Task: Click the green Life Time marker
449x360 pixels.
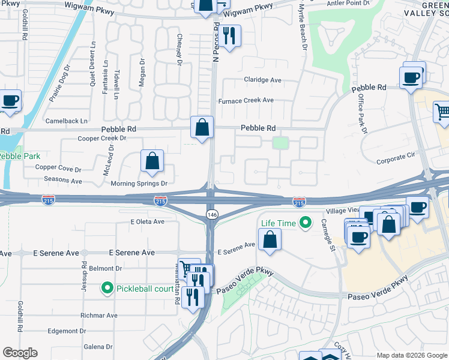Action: (306, 223)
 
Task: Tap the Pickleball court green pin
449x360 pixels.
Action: (107, 289)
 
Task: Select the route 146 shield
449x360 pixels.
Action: (211, 214)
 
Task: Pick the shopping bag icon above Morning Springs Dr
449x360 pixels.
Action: (152, 161)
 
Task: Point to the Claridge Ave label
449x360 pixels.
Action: (262, 80)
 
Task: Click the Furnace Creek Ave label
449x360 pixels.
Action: (246, 101)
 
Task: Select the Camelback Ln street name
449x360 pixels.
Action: (62, 121)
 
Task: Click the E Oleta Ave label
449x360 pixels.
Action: (147, 221)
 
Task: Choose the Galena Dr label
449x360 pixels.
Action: (98, 347)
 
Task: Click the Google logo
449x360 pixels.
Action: (20, 353)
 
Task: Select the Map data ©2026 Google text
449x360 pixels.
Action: (411, 355)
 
